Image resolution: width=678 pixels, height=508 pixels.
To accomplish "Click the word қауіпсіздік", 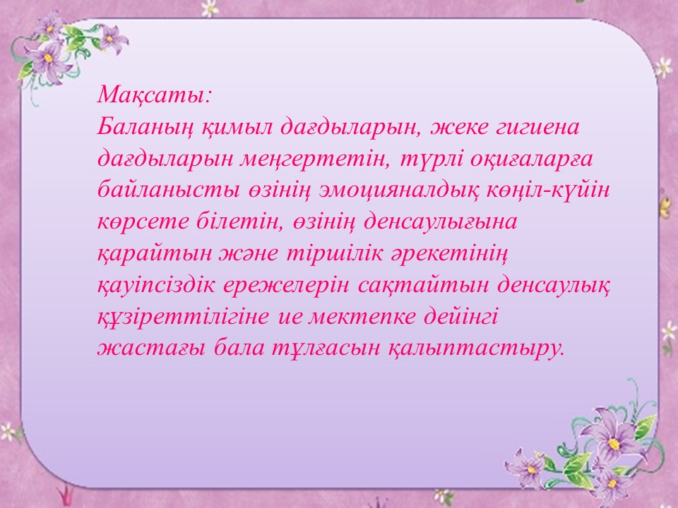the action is [155, 286].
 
